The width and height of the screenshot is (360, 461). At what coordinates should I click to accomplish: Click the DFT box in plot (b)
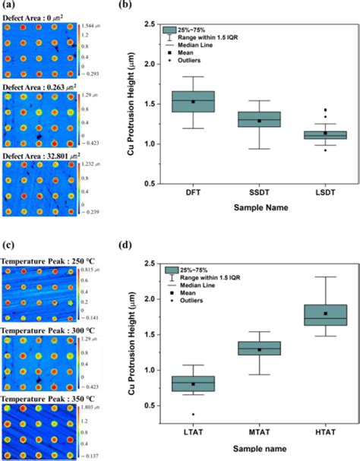(193, 102)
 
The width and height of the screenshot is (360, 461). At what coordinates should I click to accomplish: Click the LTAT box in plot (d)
(193, 384)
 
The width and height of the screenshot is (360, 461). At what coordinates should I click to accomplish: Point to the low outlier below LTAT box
(193, 415)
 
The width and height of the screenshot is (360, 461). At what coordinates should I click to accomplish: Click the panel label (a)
(7, 6)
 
